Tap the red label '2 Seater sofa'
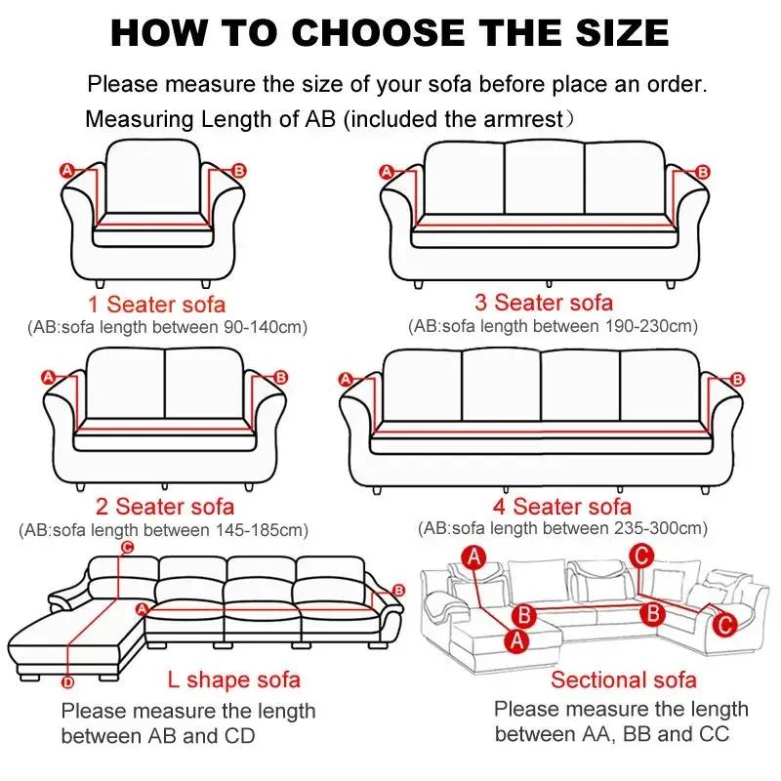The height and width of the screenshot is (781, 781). (x=165, y=507)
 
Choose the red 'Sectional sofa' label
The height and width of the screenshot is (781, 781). (x=624, y=679)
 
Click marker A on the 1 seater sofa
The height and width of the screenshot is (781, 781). (x=67, y=171)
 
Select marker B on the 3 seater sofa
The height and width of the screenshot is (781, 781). (x=703, y=172)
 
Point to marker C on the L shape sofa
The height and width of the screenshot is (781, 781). (x=126, y=549)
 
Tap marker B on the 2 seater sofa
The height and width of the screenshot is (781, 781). (x=280, y=377)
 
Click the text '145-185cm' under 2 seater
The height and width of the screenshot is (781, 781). (x=261, y=530)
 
